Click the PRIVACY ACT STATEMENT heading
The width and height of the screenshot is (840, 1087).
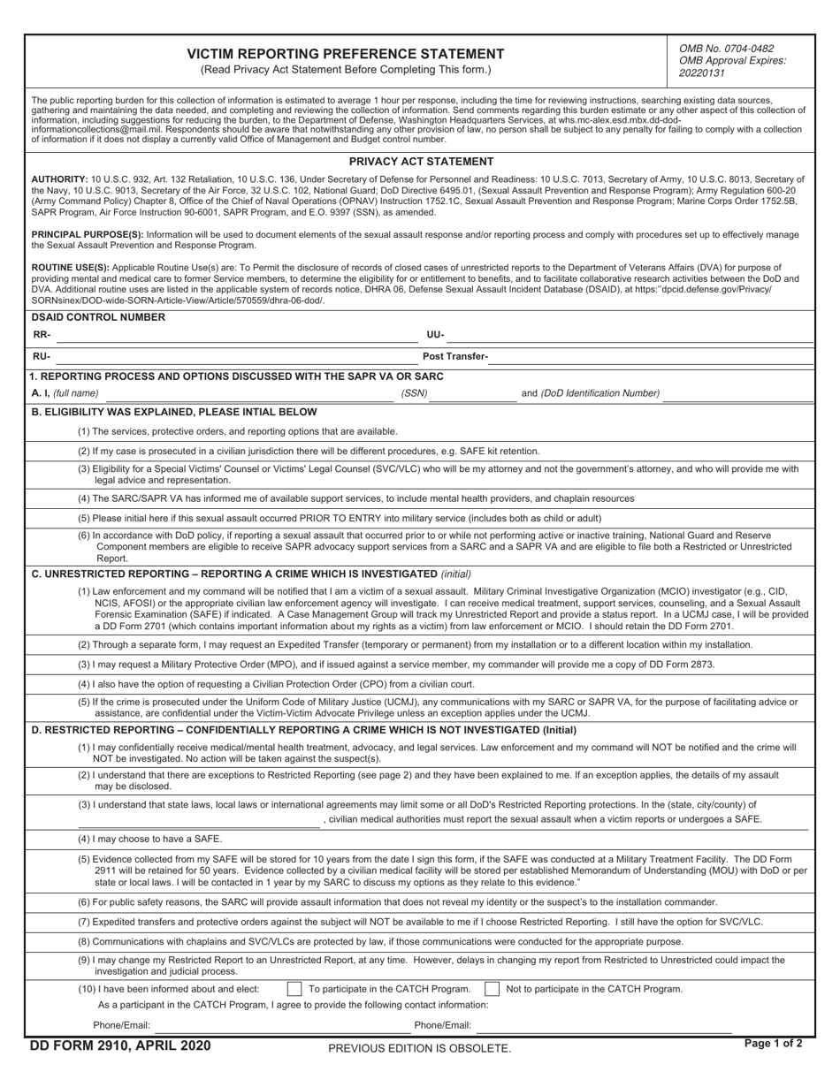coord(421,162)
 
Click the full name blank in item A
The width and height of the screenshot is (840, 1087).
coord(248,393)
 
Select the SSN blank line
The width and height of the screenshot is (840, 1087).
coord(472,393)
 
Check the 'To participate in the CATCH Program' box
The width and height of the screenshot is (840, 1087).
coord(295,989)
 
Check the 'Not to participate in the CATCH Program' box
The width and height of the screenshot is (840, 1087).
coord(493,989)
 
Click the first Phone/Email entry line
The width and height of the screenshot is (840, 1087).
coord(270,1026)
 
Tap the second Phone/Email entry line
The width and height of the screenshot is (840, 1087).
coord(601,1026)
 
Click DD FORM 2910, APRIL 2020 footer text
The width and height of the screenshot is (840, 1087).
coord(120,1046)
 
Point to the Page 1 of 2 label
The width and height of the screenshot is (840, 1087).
coord(774,1044)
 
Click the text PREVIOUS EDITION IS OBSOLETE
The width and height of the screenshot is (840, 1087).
coord(419,1048)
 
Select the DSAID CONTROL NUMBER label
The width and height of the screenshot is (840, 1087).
coord(97,317)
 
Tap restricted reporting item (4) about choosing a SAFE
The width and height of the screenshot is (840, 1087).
coord(150,839)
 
